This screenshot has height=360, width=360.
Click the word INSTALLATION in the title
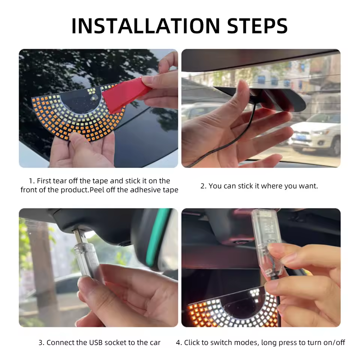(x=146, y=26)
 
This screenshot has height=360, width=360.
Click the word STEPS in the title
(x=257, y=26)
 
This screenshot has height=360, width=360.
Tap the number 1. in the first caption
(x=31, y=181)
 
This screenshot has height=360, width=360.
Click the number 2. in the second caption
(x=203, y=186)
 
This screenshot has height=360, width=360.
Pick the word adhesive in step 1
(x=146, y=190)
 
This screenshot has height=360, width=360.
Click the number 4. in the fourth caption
(x=179, y=342)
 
